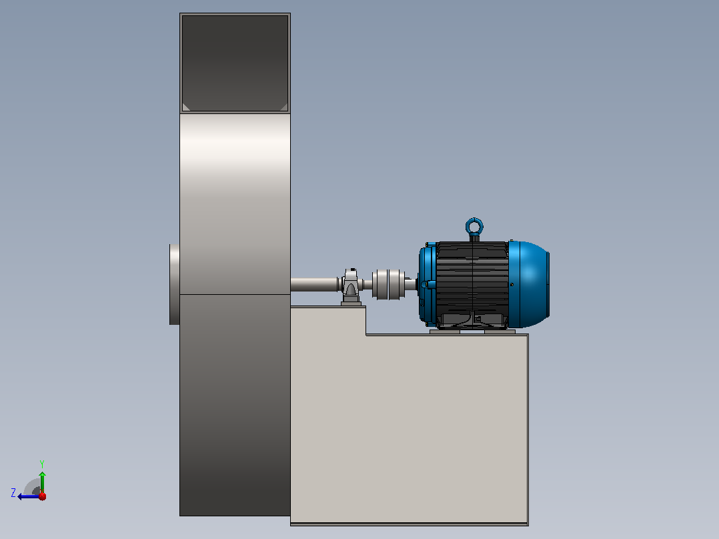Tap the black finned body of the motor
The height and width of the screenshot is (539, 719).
click(472, 284)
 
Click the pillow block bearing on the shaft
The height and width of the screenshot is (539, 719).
click(351, 287)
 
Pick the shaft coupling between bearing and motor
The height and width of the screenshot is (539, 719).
click(388, 284)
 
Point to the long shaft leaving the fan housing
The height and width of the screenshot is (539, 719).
click(315, 284)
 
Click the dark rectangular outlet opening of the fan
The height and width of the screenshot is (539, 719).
click(235, 63)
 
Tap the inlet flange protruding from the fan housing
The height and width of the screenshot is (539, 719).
click(174, 284)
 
